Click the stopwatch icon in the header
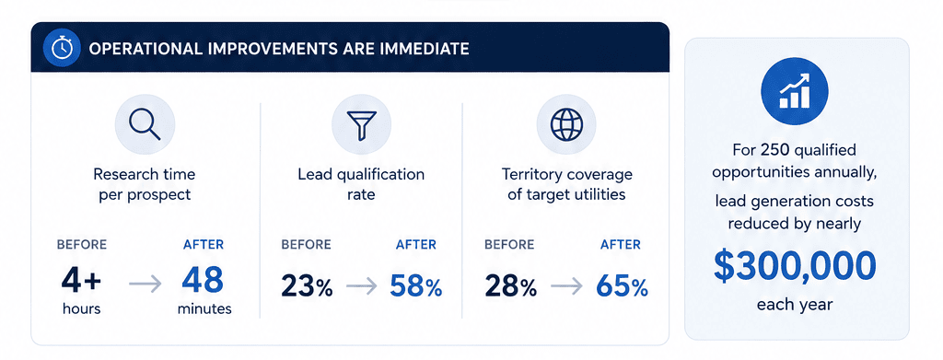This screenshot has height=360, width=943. (63, 48)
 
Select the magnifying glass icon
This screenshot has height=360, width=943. (145, 124)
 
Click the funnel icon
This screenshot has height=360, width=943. (361, 124)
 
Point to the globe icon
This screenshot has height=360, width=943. (566, 124)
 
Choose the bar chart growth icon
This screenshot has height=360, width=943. (795, 91)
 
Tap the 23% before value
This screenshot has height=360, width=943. (307, 287)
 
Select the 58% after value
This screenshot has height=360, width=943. (416, 287)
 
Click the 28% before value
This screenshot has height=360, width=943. (510, 287)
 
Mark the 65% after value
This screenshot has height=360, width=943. (622, 287)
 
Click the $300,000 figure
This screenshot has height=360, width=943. (795, 267)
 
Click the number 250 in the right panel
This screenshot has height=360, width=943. (769, 150)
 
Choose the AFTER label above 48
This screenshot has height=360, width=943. (204, 245)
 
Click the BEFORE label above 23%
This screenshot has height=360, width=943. (306, 245)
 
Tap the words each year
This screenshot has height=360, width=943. (795, 305)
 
